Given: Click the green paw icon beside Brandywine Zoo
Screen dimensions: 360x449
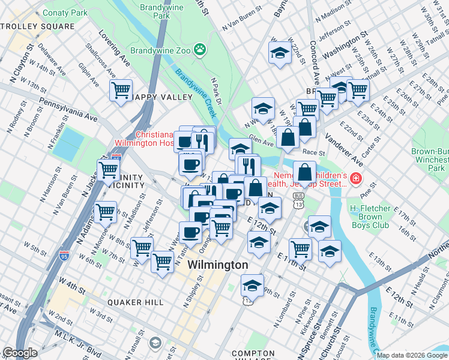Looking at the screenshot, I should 200,50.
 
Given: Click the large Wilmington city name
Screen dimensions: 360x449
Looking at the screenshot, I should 218,265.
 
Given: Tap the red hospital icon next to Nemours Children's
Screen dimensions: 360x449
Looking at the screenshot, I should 357,178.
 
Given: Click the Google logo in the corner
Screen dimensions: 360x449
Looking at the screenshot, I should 20,353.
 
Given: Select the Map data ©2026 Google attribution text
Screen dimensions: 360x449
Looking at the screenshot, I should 411,355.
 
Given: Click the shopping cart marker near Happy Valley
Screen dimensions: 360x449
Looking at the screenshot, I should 121,91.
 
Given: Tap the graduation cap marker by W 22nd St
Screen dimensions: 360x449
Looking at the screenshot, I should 280,53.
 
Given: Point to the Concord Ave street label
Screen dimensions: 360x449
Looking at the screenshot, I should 313,63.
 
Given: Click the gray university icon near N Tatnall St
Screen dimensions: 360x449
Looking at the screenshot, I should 155,343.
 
